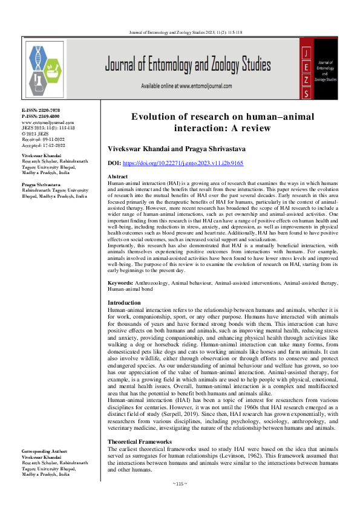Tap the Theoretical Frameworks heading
[140, 442]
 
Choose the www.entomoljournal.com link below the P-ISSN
[43, 122]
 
